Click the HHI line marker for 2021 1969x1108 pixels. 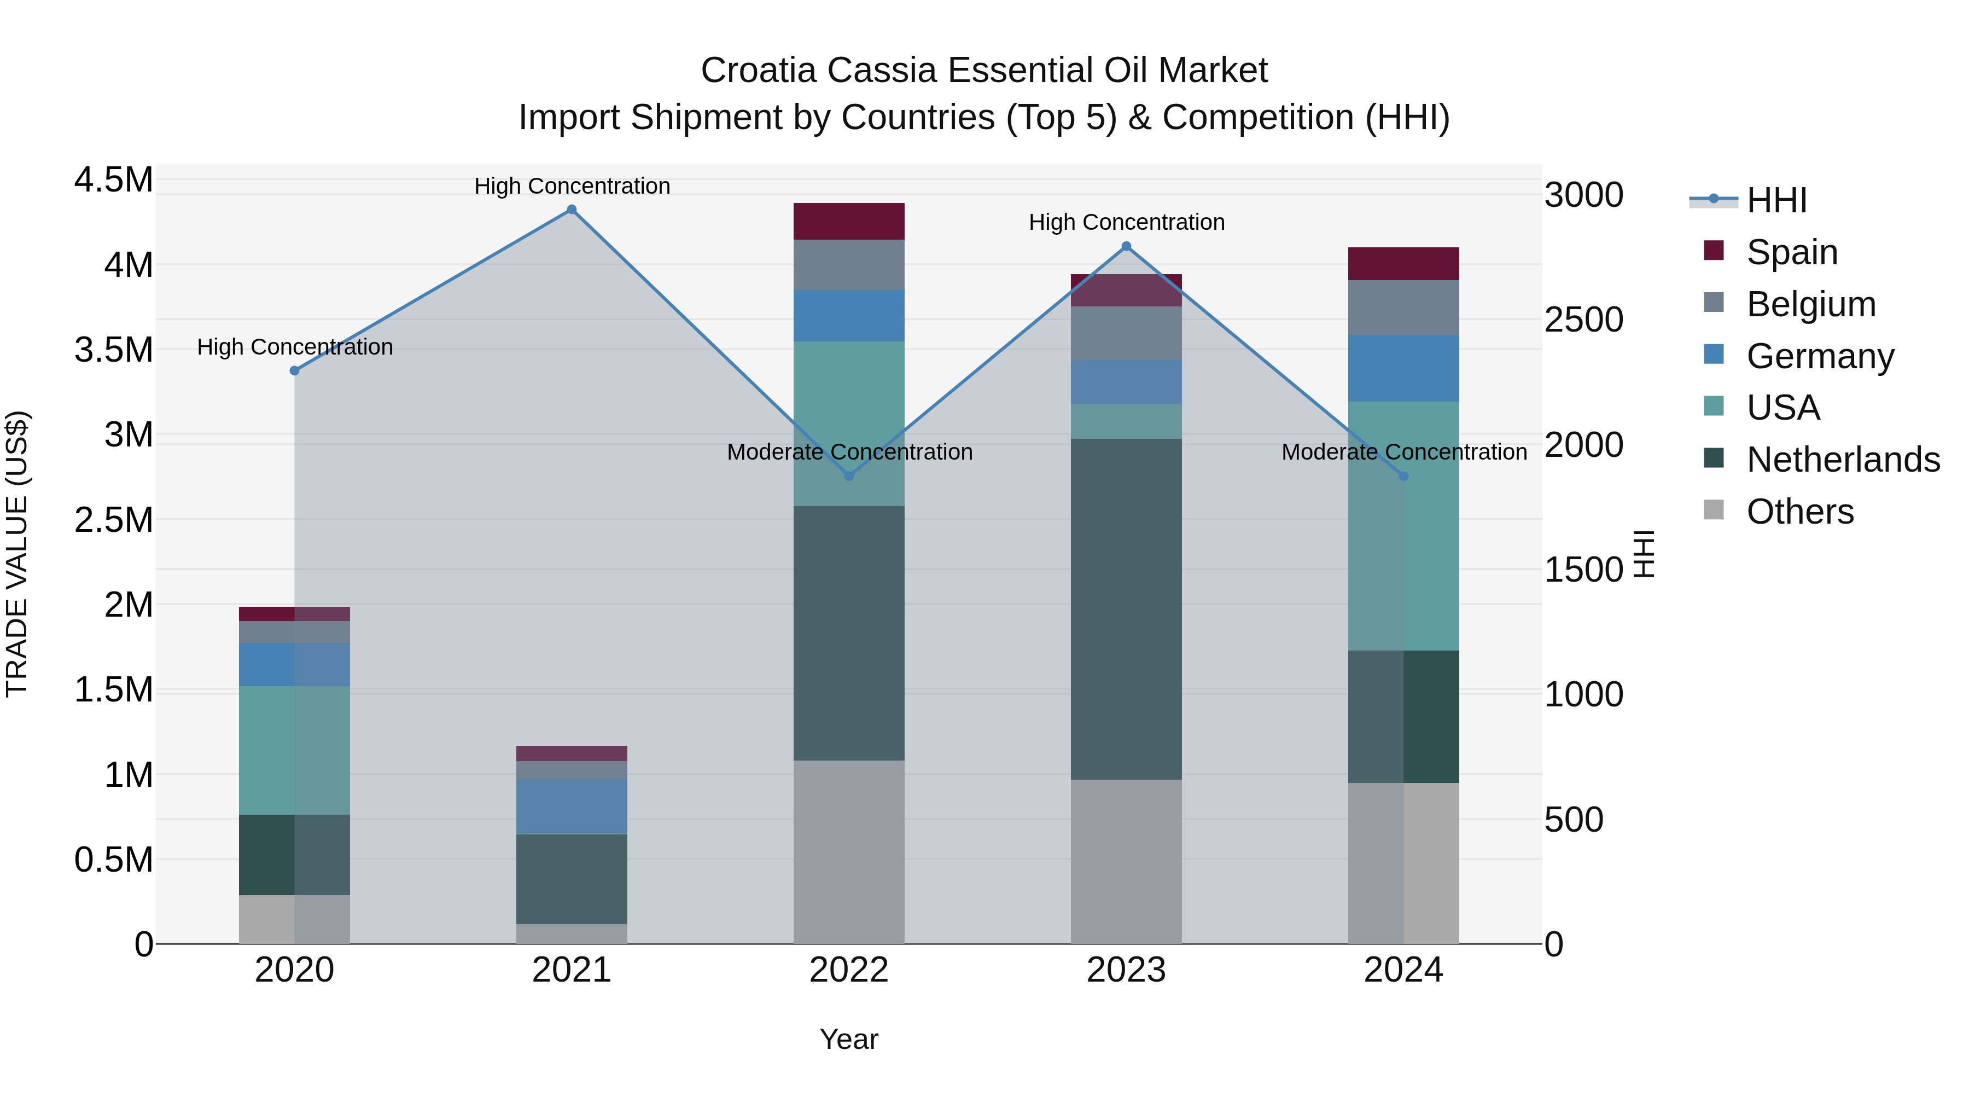pos(572,210)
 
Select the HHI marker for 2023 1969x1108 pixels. pos(1126,246)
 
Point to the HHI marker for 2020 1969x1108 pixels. pos(295,371)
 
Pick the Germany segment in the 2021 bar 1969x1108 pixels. pos(572,806)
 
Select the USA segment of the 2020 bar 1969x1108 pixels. pos(294,750)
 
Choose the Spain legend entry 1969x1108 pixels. pos(1792,252)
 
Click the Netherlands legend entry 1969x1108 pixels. pos(1843,460)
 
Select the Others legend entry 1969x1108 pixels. pos(1800,512)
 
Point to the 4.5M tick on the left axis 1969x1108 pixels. pos(113,181)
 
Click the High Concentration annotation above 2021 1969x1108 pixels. pos(572,186)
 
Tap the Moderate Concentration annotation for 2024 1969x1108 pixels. pos(1403,452)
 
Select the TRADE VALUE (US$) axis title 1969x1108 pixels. pos(17,554)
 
